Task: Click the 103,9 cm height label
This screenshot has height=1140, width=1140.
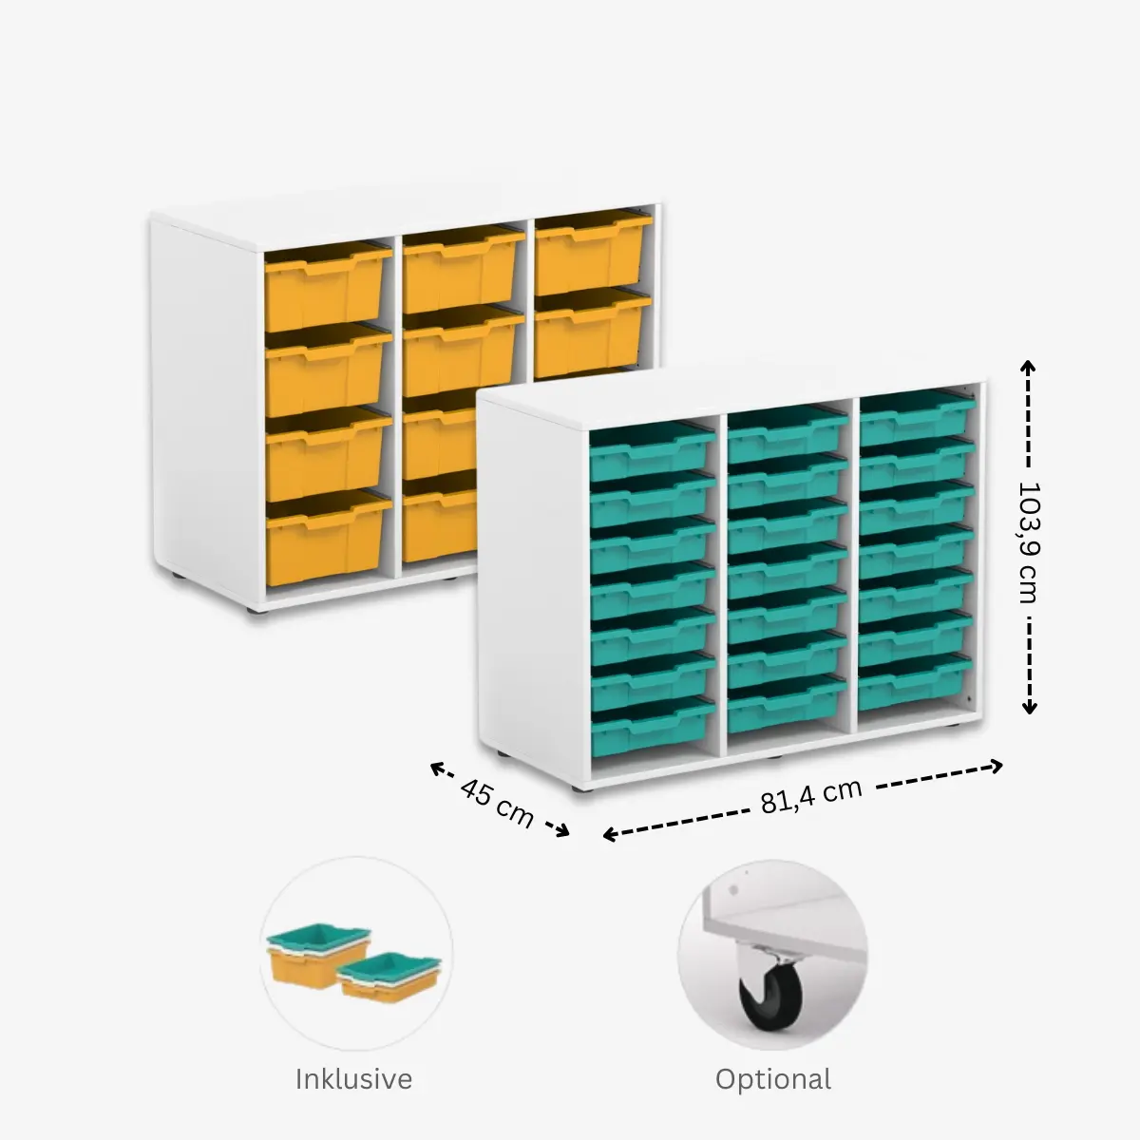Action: click(1028, 539)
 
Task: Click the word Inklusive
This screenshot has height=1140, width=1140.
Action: click(353, 1079)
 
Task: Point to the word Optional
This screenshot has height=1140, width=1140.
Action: click(773, 1079)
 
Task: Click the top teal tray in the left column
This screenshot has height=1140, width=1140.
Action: click(652, 452)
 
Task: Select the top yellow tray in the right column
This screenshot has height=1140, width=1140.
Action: click(593, 245)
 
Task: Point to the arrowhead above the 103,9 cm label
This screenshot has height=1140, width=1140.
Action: click(1028, 365)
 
